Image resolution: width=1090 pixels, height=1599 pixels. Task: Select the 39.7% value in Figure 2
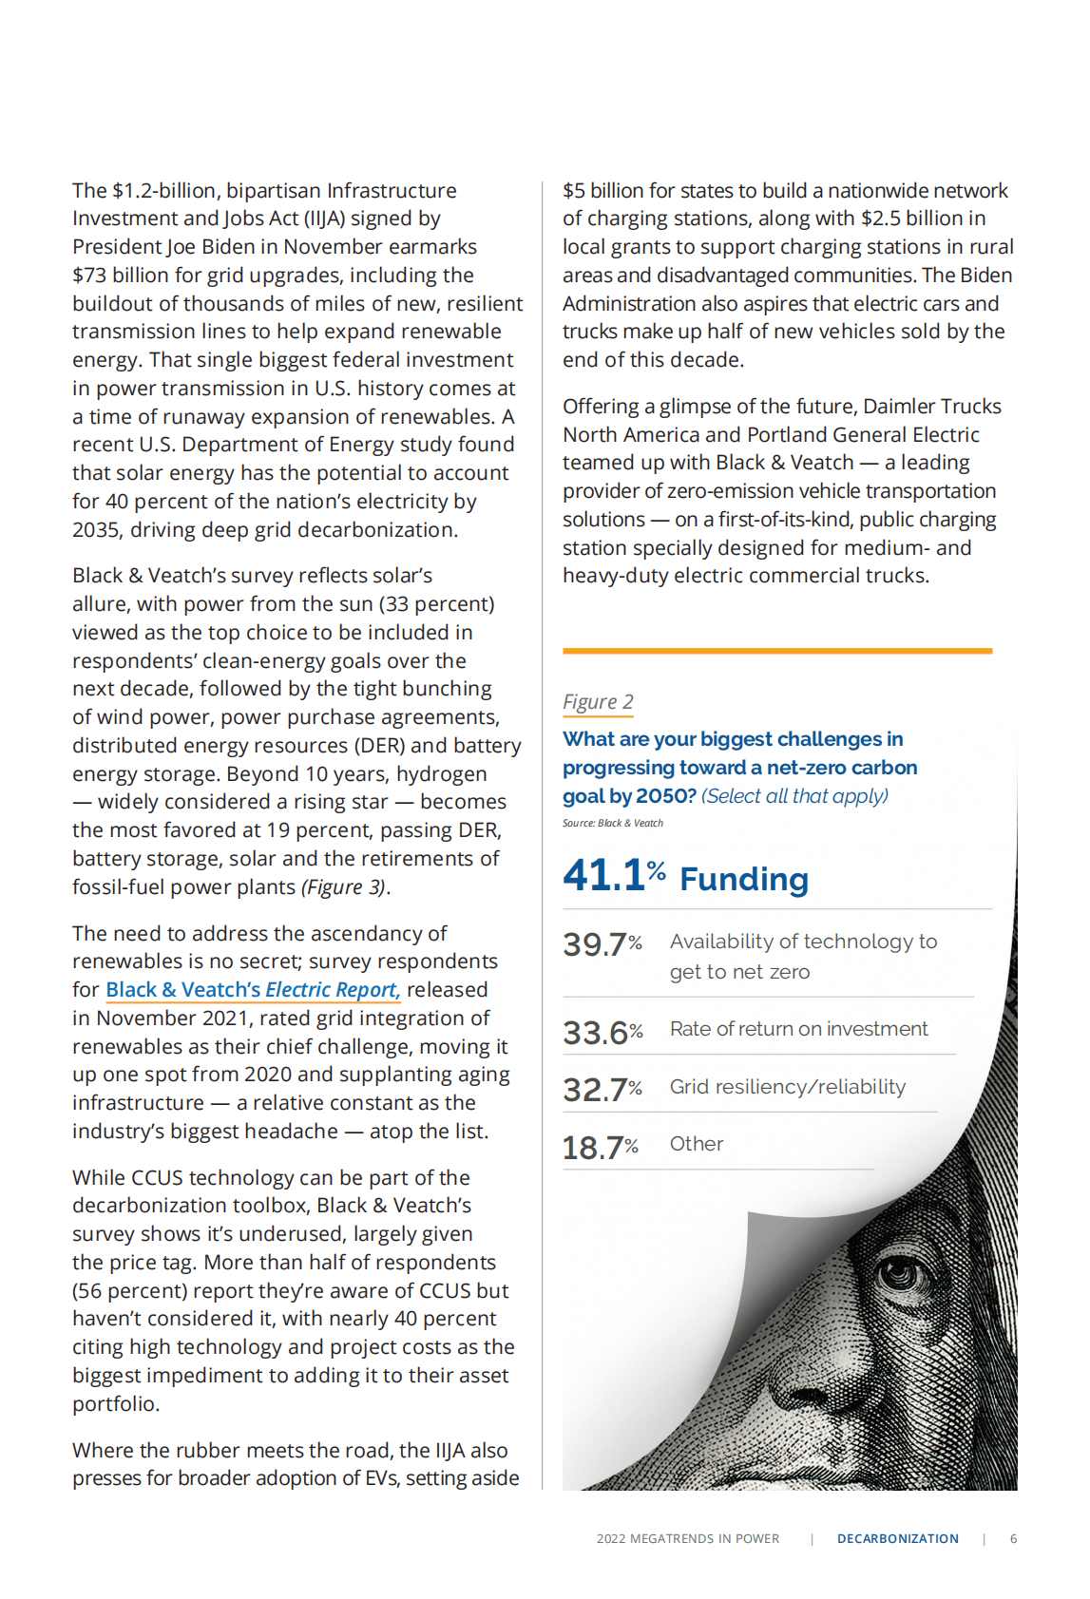pos(602,944)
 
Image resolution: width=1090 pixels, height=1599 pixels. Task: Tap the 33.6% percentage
pos(602,1032)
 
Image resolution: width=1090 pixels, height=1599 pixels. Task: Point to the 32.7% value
pos(602,1090)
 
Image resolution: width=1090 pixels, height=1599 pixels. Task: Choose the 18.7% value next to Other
pos(600,1148)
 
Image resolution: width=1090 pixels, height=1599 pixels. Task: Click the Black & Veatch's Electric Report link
pos(253,990)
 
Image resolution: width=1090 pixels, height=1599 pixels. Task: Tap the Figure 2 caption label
pos(598,702)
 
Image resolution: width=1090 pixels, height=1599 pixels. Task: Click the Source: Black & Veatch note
pos(613,824)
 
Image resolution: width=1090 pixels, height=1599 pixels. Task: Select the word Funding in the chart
pos(744,880)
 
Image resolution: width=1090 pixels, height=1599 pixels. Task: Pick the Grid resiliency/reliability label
pos(787,1087)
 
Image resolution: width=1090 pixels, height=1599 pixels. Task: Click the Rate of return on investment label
pos(798,1029)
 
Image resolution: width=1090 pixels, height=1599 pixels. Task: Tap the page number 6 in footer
pos(1013,1539)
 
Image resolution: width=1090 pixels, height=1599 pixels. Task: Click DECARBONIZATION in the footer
pos(897,1539)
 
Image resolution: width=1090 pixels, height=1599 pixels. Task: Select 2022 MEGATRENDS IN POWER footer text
pos(687,1539)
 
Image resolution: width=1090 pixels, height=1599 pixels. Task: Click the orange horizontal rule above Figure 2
pos(776,652)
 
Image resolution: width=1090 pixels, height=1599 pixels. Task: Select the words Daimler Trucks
pos(931,407)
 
